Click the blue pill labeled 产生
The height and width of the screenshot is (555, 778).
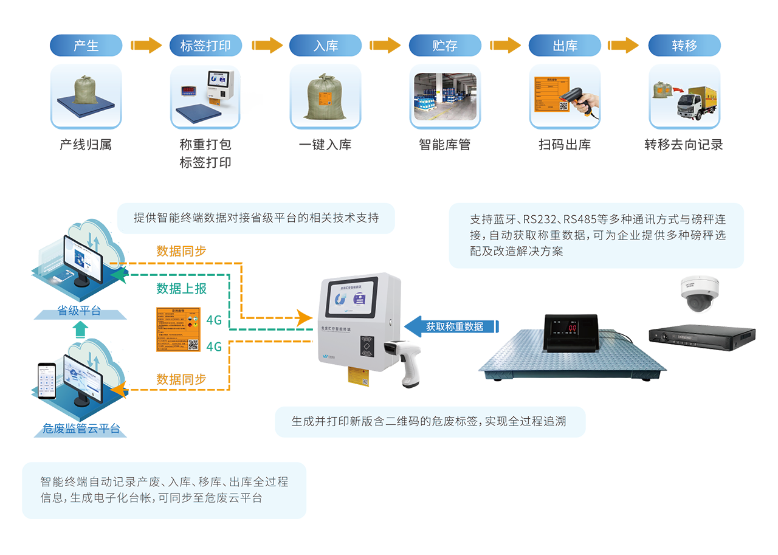[86, 46]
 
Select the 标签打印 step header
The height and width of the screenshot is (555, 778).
[205, 46]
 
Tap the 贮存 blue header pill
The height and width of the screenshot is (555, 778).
[445, 46]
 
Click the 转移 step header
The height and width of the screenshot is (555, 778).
[684, 46]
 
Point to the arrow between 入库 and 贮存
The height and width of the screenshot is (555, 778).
[385, 46]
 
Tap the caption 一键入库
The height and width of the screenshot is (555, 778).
[325, 145]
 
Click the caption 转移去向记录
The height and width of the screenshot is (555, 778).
[684, 145]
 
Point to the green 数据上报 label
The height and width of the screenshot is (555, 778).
[181, 288]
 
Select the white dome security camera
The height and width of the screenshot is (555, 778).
[700, 294]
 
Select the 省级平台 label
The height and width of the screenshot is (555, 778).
[79, 311]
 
